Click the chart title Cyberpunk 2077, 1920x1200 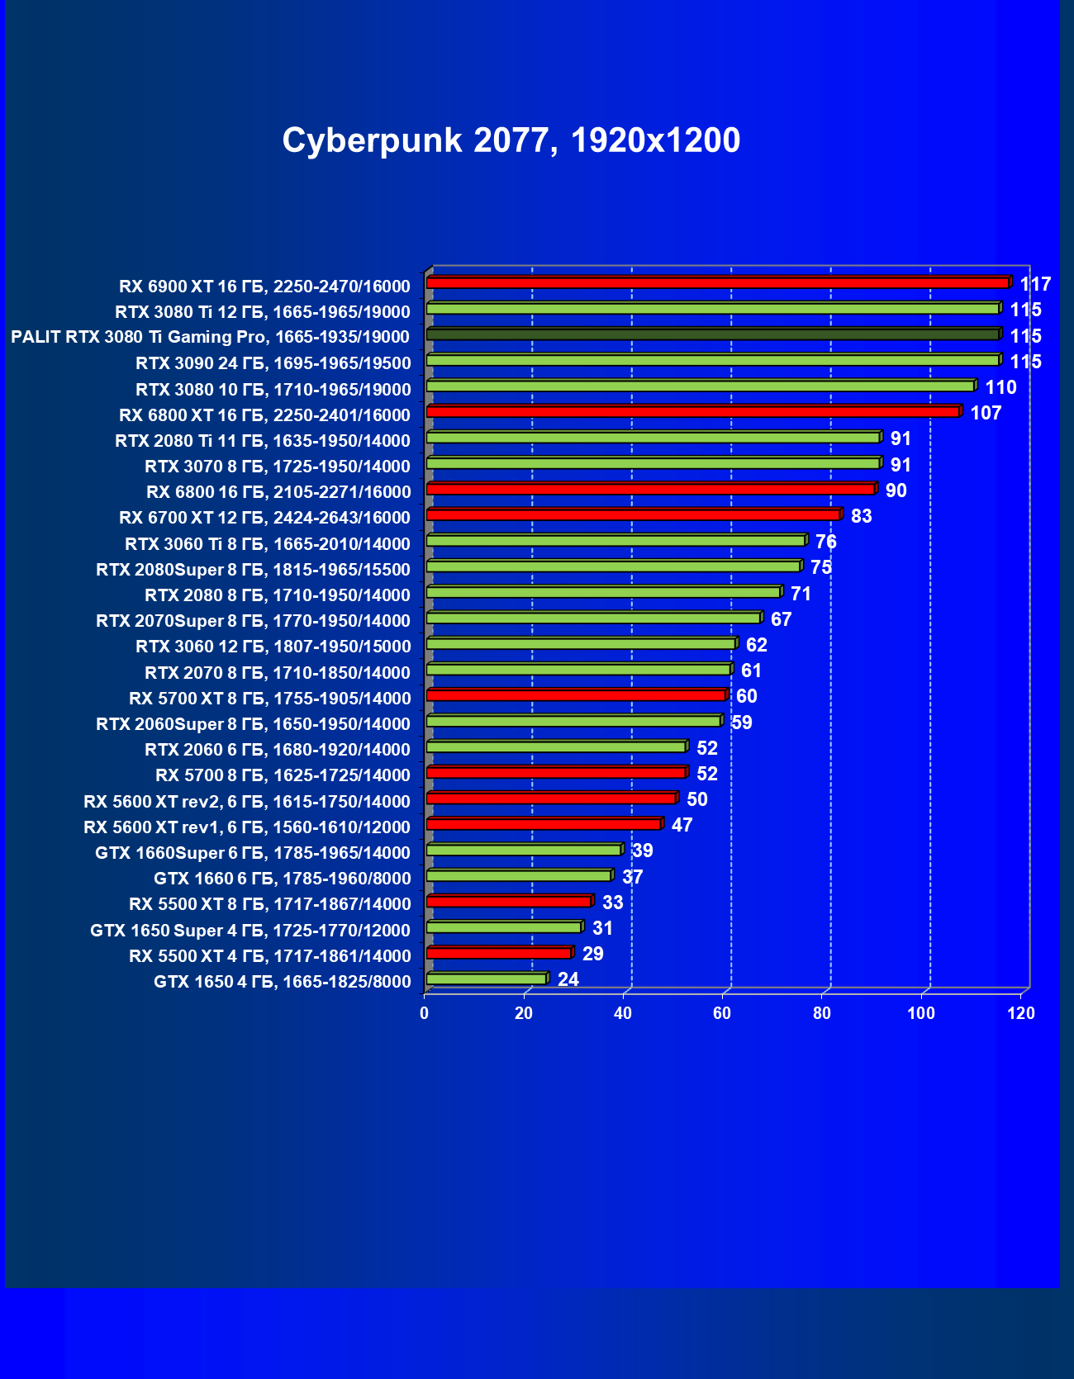click(x=511, y=140)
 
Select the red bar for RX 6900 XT click(x=717, y=282)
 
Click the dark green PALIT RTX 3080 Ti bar click(x=712, y=334)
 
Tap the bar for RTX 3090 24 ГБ click(x=712, y=360)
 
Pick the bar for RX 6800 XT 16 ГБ click(x=692, y=411)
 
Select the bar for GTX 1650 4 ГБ click(x=487, y=979)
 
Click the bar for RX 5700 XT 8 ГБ click(x=576, y=695)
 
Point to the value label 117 click(x=1035, y=285)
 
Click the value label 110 click(x=1000, y=387)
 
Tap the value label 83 click(x=861, y=516)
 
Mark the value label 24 click(x=568, y=979)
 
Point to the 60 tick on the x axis click(x=723, y=1013)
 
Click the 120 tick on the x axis click(x=1021, y=1013)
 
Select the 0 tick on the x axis click(x=425, y=1013)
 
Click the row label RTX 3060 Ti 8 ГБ click(x=268, y=544)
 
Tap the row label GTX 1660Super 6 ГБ click(x=253, y=853)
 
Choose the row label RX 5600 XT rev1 click(x=247, y=827)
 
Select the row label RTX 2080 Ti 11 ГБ click(x=263, y=441)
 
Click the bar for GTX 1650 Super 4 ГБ click(x=504, y=927)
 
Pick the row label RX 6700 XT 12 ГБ click(x=264, y=518)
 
